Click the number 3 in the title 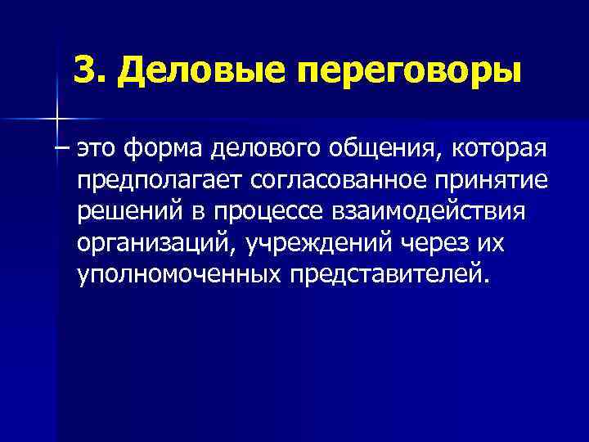pos(83,70)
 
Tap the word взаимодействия pos(438,211)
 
